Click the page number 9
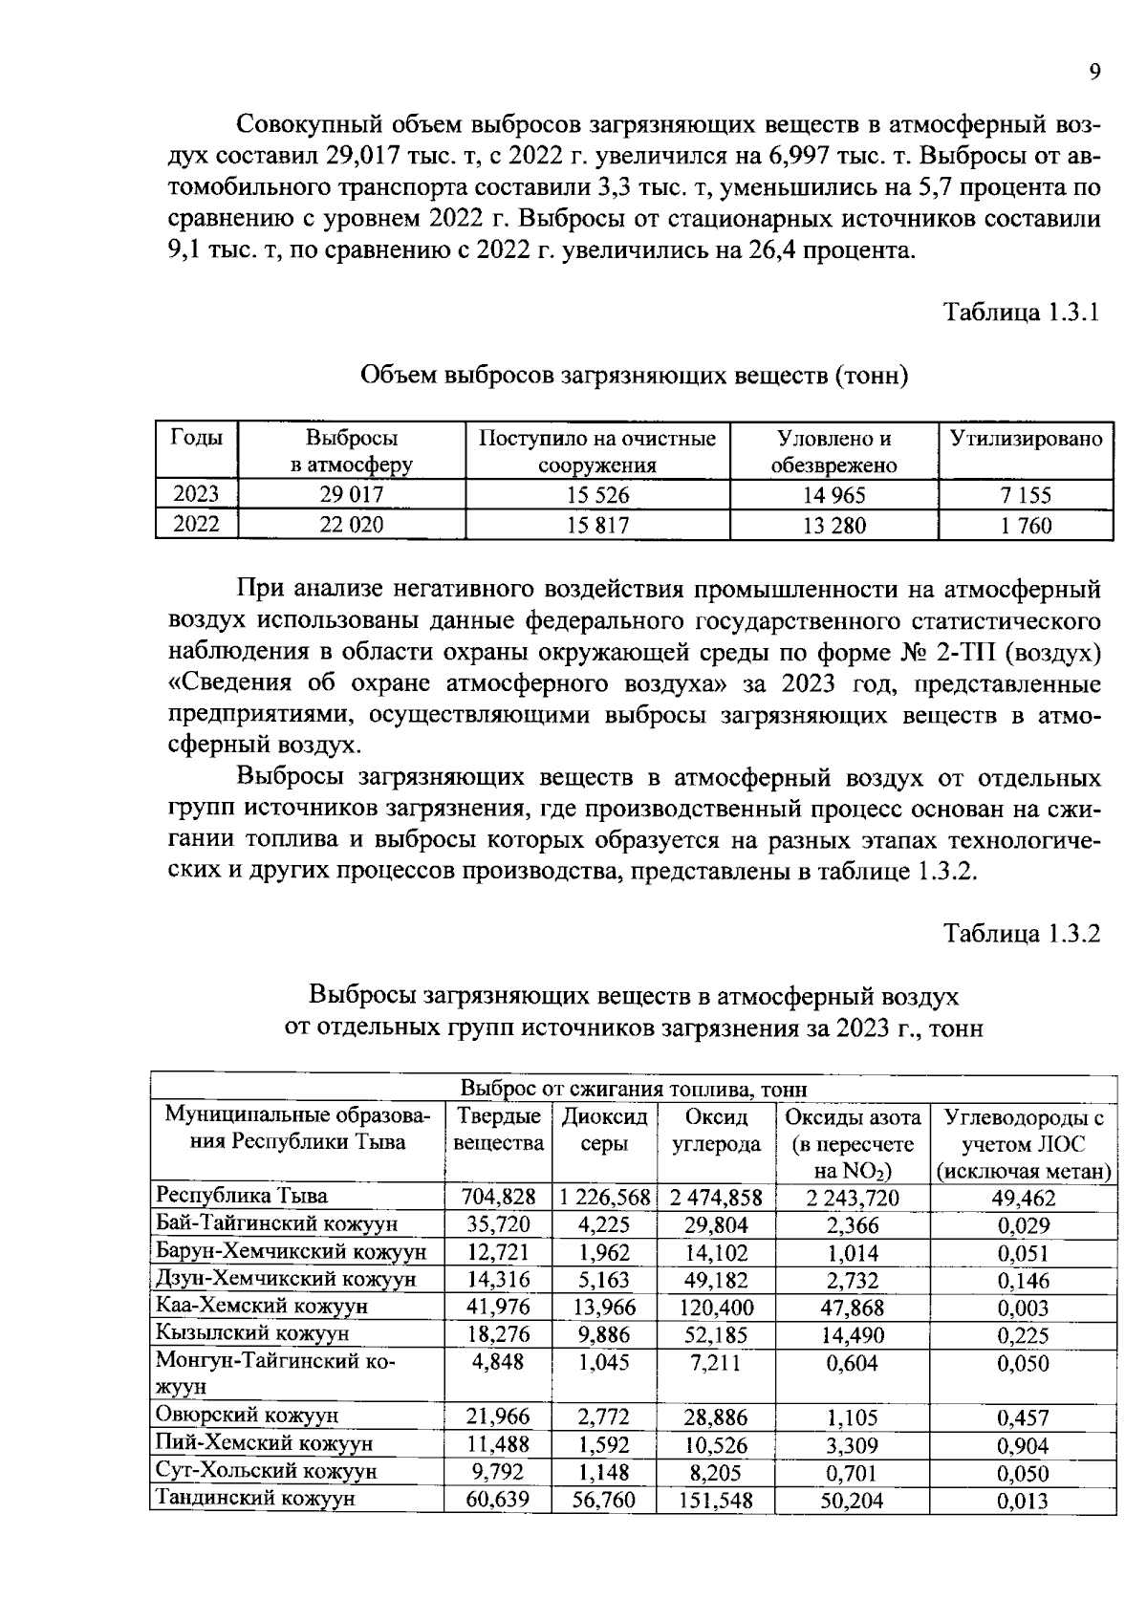point(1094,74)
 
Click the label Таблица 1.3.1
point(1022,313)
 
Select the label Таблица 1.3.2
point(1022,933)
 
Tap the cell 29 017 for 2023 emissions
point(351,495)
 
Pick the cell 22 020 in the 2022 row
point(351,525)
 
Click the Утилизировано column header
point(1026,440)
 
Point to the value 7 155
point(1026,495)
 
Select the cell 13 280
point(833,525)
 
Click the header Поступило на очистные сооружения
point(597,452)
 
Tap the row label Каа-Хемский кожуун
point(262,1307)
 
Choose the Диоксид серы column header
point(604,1130)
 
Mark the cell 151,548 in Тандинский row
point(716,1501)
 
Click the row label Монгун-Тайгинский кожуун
point(275,1373)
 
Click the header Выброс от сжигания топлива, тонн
point(634,1089)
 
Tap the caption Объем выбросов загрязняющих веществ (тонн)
point(633,376)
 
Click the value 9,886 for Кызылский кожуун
point(604,1334)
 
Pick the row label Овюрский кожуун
point(247,1416)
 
